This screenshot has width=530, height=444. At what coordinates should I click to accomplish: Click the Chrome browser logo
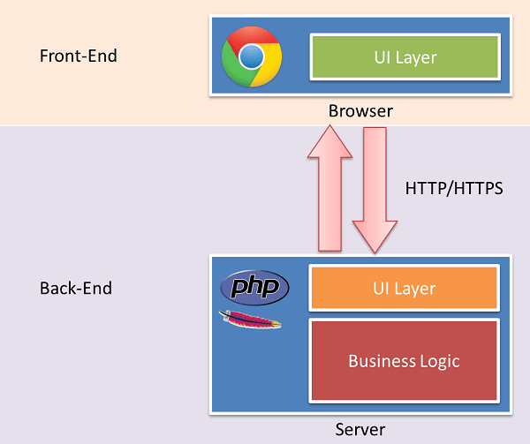252,56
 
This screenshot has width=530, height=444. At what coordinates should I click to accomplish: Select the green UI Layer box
405,57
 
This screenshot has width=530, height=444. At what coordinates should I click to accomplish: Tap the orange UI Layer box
404,288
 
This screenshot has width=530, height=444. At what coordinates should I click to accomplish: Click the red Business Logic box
404,360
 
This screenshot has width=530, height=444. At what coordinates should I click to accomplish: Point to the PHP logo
254,288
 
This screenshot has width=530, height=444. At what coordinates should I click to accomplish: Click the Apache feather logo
250,320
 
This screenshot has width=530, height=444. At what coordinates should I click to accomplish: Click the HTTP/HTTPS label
453,188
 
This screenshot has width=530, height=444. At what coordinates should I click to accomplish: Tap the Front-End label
79,56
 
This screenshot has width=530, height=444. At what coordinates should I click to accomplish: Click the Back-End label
76,289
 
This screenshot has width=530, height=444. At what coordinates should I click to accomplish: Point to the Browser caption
360,111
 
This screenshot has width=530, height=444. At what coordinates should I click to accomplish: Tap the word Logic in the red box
439,360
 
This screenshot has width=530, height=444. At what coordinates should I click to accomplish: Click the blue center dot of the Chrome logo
252,56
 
